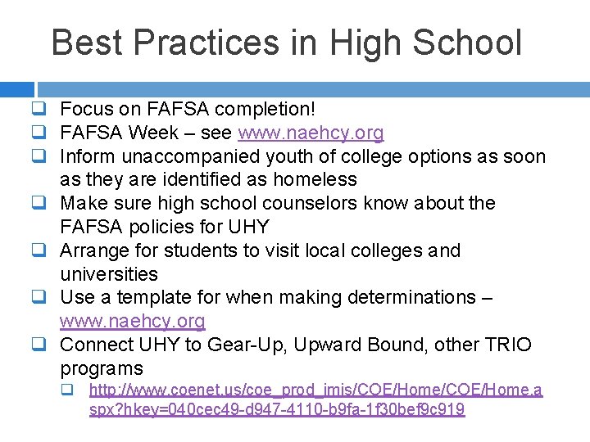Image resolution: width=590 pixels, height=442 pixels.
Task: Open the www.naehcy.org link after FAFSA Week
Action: pyautogui.click(x=311, y=133)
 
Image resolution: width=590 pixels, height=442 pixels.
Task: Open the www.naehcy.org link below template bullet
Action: pyautogui.click(x=133, y=321)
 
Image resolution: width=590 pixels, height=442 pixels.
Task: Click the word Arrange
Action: pyautogui.click(x=95, y=250)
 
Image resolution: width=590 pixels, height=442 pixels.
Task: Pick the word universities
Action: pyautogui.click(x=108, y=274)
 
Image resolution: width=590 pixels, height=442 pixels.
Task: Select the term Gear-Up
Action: pyautogui.click(x=236, y=345)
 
